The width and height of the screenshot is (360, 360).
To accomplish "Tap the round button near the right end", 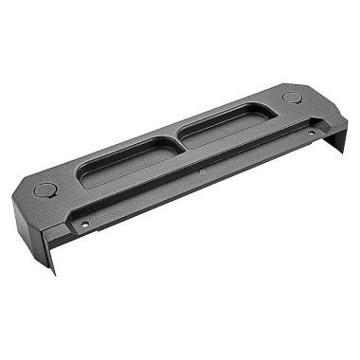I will pyautogui.click(x=291, y=98).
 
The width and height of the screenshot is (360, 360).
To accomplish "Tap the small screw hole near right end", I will pyautogui.click(x=313, y=132).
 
